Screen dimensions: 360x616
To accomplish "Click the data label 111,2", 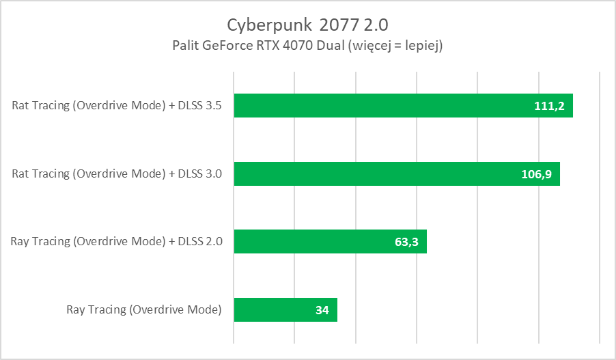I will (548, 106).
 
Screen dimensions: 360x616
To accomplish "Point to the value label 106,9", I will (535, 174).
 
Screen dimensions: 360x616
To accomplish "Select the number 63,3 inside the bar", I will (406, 242).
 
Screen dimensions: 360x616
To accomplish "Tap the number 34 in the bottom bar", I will (322, 310).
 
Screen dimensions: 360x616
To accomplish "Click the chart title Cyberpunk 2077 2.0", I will (307, 25).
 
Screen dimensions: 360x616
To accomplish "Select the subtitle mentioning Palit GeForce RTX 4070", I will (307, 46).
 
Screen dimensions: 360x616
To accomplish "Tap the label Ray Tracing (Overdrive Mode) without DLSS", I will (144, 309).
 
